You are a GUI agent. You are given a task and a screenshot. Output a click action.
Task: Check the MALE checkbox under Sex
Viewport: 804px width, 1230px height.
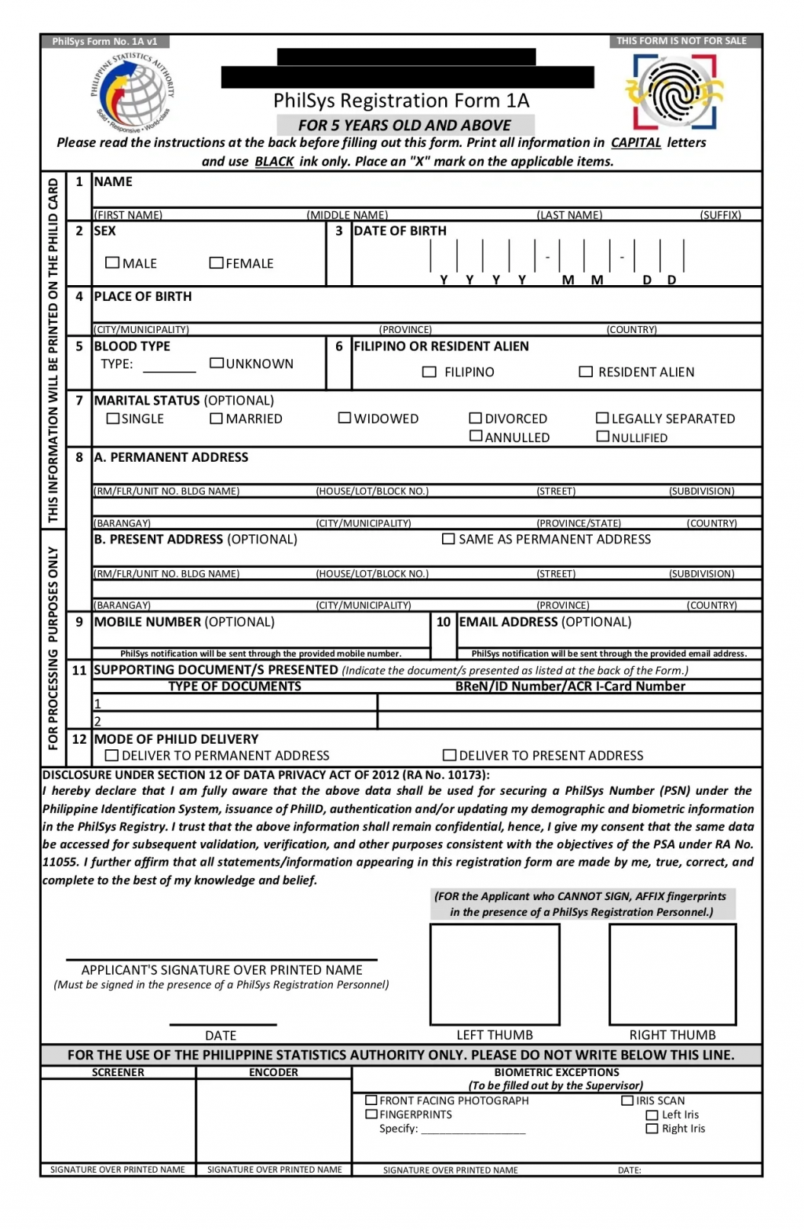point(112,262)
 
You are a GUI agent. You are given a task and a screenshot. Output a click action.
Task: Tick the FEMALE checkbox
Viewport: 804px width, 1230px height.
point(216,262)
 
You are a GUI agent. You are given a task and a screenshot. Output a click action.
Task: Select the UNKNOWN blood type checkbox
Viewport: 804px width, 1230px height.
point(217,363)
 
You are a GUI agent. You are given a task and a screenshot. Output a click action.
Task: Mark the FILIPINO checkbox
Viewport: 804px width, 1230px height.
point(429,372)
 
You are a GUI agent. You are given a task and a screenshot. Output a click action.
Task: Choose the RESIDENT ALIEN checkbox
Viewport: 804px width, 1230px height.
point(586,372)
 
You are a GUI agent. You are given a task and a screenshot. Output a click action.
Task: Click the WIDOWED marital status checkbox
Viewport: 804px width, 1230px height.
point(345,418)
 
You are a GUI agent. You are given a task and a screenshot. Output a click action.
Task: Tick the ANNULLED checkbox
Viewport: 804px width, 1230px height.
point(476,436)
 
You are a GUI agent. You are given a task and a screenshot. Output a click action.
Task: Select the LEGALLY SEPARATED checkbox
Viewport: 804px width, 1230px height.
point(603,418)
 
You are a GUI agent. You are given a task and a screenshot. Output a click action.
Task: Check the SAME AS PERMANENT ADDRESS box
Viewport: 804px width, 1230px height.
point(448,539)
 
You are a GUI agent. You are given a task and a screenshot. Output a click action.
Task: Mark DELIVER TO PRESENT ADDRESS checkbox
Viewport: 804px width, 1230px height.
point(449,755)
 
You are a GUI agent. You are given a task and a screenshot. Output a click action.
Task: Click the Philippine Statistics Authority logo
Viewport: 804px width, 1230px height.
point(132,93)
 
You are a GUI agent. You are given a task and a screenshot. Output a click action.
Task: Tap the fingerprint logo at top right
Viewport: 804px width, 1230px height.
point(675,93)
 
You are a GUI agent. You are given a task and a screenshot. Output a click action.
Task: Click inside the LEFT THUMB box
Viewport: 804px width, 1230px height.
point(495,974)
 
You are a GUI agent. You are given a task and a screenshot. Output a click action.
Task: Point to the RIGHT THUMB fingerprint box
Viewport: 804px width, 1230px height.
point(673,974)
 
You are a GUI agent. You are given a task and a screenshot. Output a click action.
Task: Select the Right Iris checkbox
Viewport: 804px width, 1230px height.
point(652,1129)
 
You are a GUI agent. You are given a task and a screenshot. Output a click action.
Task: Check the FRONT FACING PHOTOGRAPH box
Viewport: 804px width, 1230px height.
point(371,1100)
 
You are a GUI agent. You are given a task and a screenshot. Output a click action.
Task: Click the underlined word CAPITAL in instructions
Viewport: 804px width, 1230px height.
point(635,143)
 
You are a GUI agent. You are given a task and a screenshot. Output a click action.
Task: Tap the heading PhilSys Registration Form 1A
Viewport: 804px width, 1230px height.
point(401,101)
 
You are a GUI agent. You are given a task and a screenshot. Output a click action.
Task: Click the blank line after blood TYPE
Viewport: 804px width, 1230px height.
point(169,369)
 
